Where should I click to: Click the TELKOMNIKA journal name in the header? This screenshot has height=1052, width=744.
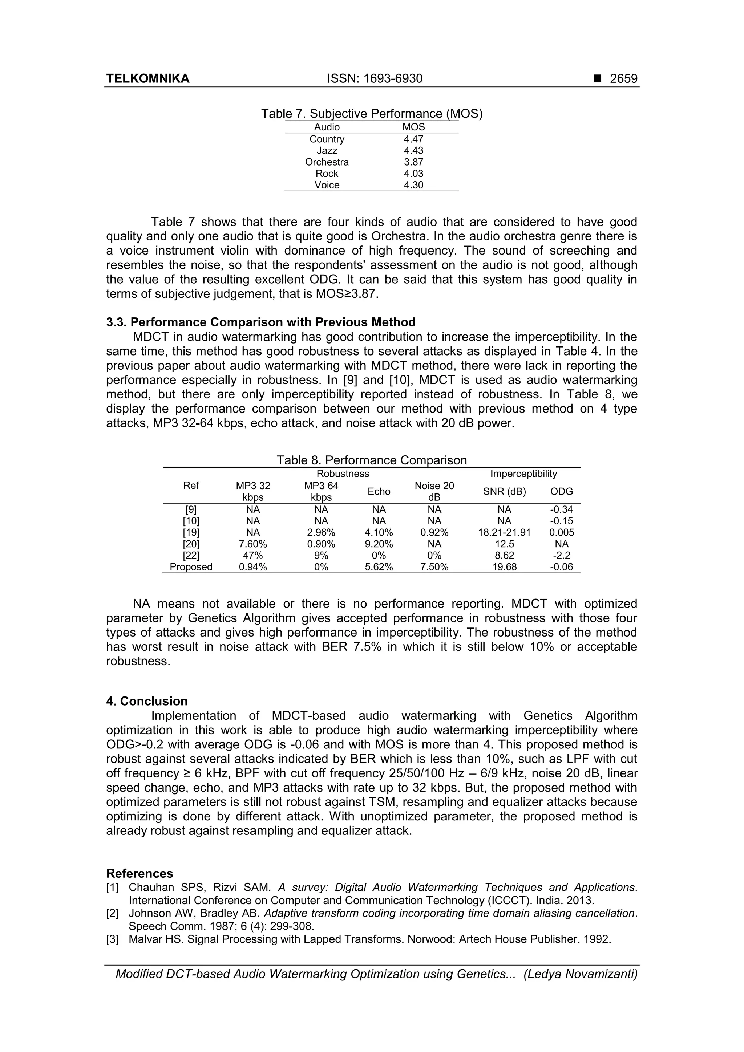[x=147, y=79]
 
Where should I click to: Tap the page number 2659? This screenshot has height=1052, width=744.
[x=623, y=79]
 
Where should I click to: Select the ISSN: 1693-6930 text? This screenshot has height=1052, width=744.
[x=375, y=79]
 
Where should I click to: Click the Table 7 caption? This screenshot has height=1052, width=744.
[x=371, y=114]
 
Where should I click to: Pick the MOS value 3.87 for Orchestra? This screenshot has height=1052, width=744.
[x=413, y=162]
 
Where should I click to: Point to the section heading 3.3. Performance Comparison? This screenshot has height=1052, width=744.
[x=260, y=322]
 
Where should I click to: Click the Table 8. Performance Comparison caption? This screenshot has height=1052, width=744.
[x=371, y=460]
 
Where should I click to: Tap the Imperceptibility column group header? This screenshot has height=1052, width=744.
[x=523, y=474]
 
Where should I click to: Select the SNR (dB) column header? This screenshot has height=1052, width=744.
[x=504, y=492]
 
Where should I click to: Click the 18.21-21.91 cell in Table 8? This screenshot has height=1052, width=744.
[x=504, y=532]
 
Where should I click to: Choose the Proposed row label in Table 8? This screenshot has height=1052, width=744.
[x=191, y=567]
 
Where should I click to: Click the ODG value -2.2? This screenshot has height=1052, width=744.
[x=561, y=555]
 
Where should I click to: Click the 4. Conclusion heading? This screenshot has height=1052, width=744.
[x=147, y=702]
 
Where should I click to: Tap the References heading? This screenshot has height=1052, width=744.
[x=139, y=873]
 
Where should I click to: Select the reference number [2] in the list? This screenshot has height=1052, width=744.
[x=112, y=914]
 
